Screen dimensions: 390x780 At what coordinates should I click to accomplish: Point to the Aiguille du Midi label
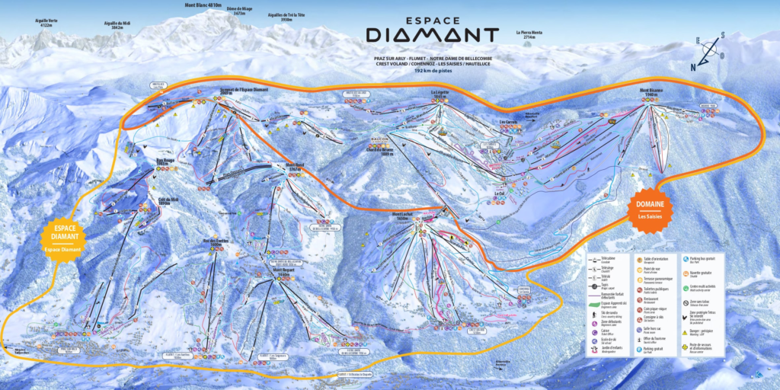[x=118, y=24]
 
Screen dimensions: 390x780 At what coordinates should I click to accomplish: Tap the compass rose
[x=709, y=51]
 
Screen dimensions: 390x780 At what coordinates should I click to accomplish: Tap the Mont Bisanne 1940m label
[x=653, y=91]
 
